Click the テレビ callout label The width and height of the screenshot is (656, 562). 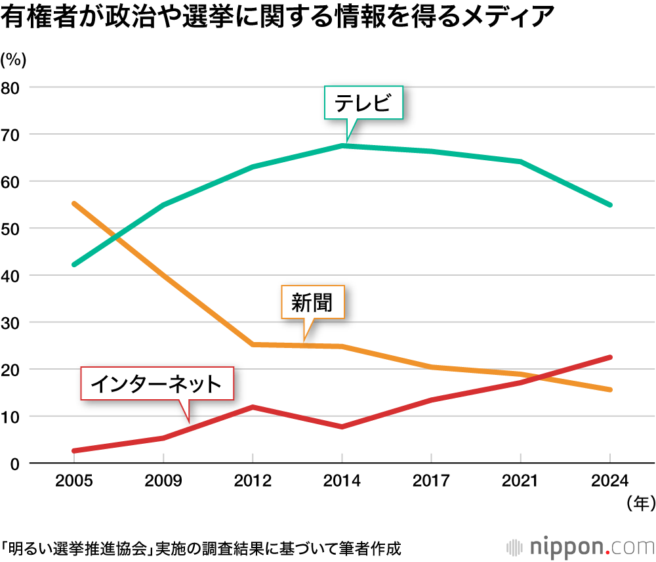pos(363,103)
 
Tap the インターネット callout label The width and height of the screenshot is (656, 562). pos(156,383)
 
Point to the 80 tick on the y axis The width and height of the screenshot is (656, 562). pos(11,87)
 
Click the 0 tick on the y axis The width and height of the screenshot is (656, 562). pos(16,464)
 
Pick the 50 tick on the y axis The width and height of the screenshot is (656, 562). pos(11,228)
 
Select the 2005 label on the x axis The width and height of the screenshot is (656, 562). pos(74,481)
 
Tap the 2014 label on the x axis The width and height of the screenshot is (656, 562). pos(342,481)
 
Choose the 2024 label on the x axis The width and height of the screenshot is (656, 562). pos(610,481)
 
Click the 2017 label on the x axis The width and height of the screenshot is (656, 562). pos(431,481)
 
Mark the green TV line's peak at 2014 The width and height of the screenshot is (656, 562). pos(342,146)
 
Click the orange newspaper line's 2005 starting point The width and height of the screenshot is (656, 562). pos(74,204)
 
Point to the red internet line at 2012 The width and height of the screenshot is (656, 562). pos(253,407)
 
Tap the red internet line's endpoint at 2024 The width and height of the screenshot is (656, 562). pos(610,357)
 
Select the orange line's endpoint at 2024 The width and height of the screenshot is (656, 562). pos(610,390)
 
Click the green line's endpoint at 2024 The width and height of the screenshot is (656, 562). pos(610,205)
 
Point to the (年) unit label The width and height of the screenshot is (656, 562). pos(640,504)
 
